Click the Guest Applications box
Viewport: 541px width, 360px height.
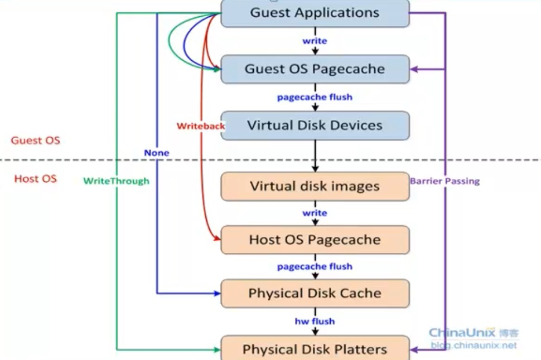(315, 13)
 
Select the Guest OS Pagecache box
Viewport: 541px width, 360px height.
(315, 69)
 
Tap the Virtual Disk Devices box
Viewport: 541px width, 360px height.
(315, 125)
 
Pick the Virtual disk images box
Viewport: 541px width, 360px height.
(315, 186)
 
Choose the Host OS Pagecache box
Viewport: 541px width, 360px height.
(315, 240)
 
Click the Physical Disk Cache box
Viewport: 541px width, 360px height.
(315, 294)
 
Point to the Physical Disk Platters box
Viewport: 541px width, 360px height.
(315, 349)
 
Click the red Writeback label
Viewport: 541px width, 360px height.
(201, 127)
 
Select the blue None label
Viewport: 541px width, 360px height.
(156, 153)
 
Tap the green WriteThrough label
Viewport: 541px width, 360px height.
(117, 181)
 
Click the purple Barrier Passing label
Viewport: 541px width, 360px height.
(445, 181)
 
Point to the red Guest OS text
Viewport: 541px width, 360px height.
(35, 140)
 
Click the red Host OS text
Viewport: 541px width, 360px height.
(35, 179)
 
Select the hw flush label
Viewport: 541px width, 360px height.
(315, 321)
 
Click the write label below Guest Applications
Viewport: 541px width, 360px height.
(315, 41)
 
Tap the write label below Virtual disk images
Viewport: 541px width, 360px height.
(315, 213)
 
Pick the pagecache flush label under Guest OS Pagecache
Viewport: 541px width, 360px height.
(315, 97)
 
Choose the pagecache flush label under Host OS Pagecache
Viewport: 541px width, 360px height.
(315, 266)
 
